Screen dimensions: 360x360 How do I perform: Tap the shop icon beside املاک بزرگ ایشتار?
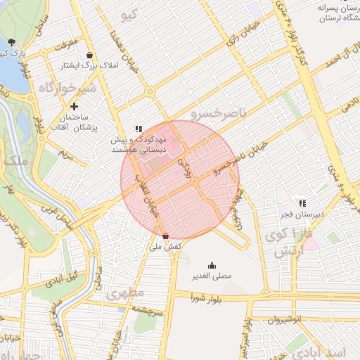tap(89, 55)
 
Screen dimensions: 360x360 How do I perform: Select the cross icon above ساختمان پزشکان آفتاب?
tap(74, 106)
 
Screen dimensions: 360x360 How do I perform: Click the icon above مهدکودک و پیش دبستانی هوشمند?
tap(139, 129)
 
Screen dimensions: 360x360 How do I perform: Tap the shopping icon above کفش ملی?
tap(165, 236)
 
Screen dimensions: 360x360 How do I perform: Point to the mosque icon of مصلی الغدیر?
tap(212, 265)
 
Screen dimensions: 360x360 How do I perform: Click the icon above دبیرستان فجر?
tap(302, 203)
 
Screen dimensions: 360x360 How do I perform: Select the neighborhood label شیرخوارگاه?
tap(66, 89)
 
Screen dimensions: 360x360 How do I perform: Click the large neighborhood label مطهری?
tap(126, 292)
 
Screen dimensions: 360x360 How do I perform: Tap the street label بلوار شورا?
tap(205, 298)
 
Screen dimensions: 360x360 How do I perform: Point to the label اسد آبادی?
tap(316, 349)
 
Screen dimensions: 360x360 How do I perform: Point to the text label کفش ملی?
tap(167, 247)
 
